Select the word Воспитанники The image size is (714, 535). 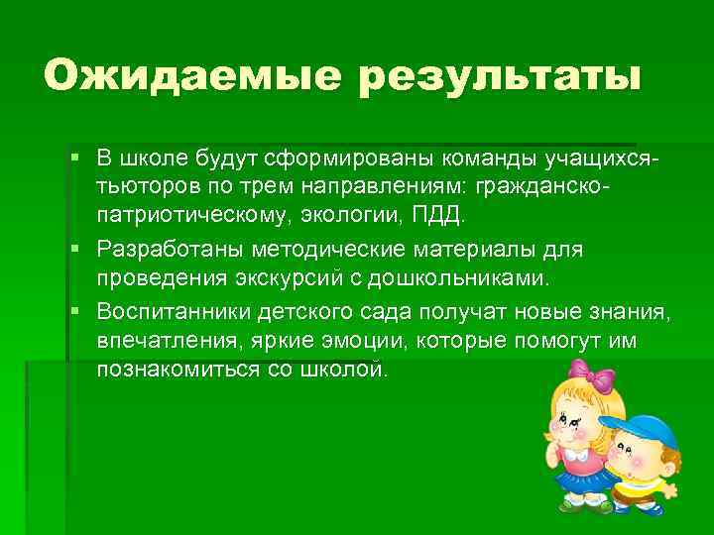(x=175, y=313)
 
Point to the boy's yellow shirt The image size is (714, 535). (x=645, y=491)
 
